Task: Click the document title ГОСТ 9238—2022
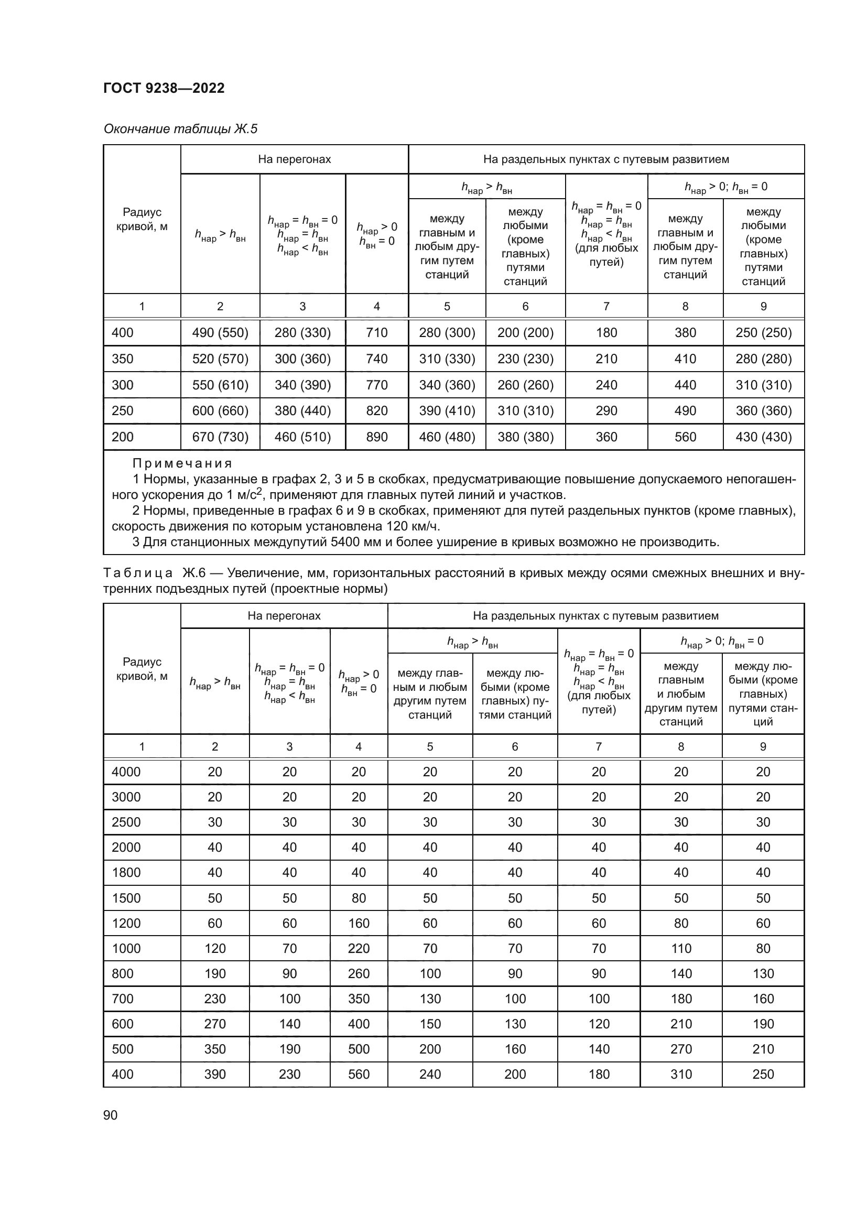coord(164,88)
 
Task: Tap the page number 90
coord(111,1115)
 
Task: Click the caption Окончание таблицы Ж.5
coord(180,129)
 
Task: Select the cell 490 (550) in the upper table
coord(220,333)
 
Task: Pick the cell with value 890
coord(376,437)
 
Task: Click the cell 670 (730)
coord(220,437)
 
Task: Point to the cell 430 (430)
coord(763,437)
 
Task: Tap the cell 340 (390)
coord(302,385)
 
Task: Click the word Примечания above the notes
coord(182,463)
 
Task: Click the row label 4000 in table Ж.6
coord(126,772)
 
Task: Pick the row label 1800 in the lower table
coord(126,873)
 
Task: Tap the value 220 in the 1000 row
coord(358,948)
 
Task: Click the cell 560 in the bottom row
coord(358,1075)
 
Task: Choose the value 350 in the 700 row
coord(358,999)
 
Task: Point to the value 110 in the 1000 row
coord(681,948)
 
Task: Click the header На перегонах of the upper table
coord(294,159)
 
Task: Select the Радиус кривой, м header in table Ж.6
coord(142,669)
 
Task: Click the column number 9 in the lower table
coord(762,746)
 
